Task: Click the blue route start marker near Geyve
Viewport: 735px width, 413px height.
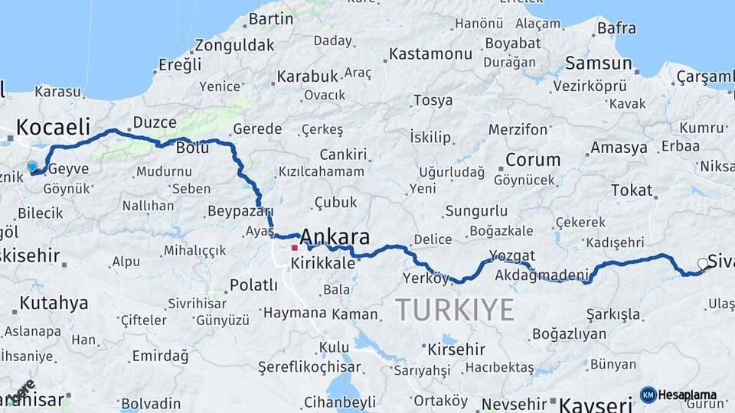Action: tap(32, 166)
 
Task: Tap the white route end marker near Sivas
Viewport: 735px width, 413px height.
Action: tap(703, 265)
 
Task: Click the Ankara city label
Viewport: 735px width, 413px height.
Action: tap(335, 236)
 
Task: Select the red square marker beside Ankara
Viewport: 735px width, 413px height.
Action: tap(294, 248)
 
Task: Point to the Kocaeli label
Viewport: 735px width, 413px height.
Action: tap(53, 127)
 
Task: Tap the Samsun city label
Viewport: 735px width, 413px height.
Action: tap(598, 63)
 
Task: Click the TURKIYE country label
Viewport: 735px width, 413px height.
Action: tap(455, 311)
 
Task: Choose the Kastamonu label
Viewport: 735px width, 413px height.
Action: tap(430, 54)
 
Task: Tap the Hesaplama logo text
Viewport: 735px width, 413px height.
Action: tap(687, 395)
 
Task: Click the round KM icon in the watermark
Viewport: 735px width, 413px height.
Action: tap(648, 395)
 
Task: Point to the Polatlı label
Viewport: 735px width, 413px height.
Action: tap(253, 285)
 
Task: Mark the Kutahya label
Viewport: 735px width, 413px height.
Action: tap(54, 303)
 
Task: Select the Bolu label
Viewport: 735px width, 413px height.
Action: tap(192, 148)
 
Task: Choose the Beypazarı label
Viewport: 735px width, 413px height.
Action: tap(240, 210)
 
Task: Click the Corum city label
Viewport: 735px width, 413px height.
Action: tap(533, 161)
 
